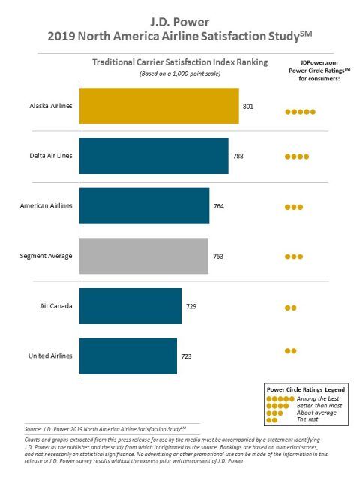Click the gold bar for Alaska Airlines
click(x=158, y=106)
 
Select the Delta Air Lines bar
click(x=153, y=156)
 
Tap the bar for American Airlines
click(x=143, y=205)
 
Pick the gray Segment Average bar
click(x=142, y=256)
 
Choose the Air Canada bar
click(x=130, y=306)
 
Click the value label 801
click(x=248, y=106)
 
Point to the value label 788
click(x=238, y=156)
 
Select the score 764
click(x=219, y=205)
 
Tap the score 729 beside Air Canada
click(x=191, y=306)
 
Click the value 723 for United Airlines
click(x=187, y=356)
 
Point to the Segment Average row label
click(x=46, y=256)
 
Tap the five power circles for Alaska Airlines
click(x=300, y=112)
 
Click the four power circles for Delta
click(x=297, y=157)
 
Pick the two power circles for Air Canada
click(x=290, y=307)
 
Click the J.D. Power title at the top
click(x=180, y=19)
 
